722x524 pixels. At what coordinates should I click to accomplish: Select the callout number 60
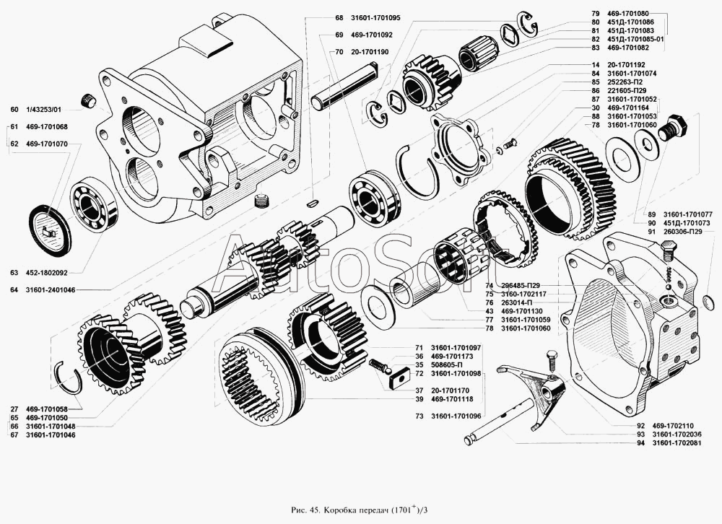pos(14,110)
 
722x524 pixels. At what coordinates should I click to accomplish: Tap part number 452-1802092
pos(46,273)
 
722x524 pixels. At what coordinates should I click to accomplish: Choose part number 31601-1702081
pos(677,443)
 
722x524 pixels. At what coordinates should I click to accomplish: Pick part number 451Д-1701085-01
pos(635,39)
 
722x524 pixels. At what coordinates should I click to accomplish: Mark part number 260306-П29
pos(682,232)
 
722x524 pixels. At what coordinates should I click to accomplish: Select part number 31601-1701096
pos(456,416)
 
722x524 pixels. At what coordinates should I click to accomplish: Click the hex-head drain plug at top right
pos(674,126)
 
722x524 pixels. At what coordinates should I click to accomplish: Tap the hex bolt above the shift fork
pos(551,362)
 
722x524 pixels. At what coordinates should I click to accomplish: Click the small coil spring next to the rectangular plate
pos(379,367)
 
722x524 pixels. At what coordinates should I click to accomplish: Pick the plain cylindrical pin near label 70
pos(344,86)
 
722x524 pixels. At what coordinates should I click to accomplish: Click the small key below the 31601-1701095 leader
pos(312,201)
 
